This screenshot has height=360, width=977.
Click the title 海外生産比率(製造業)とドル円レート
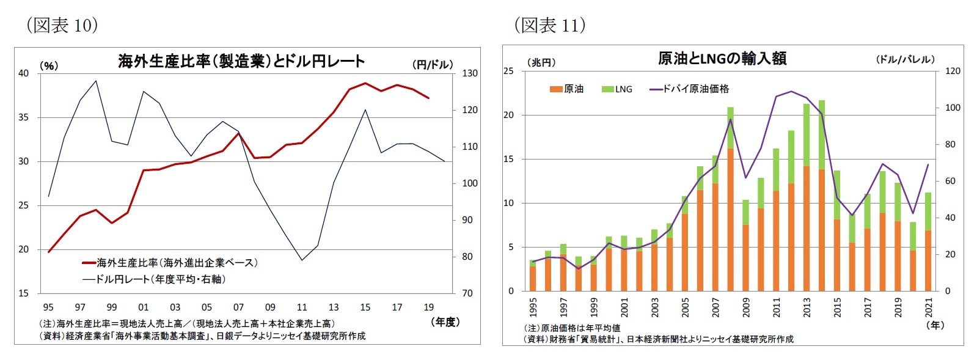241,61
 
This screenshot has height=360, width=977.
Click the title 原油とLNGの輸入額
722,59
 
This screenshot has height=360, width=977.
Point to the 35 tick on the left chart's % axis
23,117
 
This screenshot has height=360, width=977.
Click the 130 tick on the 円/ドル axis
469,73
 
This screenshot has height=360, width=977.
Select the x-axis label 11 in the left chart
302,307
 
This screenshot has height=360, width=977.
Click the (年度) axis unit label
445,321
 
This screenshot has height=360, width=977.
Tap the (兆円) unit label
541,62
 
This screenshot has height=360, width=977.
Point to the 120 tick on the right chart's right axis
953,71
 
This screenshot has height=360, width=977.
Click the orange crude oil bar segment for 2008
730,220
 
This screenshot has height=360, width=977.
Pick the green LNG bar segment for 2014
822,134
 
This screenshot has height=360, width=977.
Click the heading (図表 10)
62,25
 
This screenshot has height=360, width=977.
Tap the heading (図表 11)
550,25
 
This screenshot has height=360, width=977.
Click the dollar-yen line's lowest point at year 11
302,260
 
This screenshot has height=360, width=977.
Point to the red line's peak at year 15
365,83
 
